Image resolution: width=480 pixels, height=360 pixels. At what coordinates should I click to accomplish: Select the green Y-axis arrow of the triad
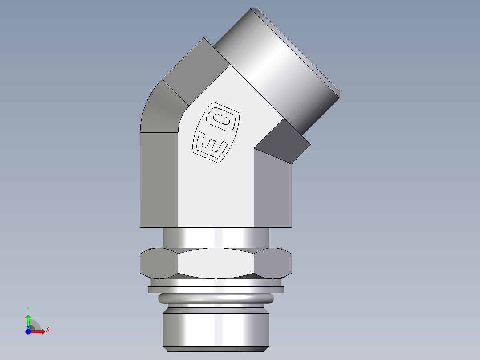tap(28, 320)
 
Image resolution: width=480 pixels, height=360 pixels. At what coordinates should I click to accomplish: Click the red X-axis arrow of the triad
tap(39, 331)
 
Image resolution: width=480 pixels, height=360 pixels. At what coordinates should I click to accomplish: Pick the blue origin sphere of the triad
tap(28, 332)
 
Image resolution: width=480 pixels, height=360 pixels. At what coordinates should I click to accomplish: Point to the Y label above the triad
tap(28, 309)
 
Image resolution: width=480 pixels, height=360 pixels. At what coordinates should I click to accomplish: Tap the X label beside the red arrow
tap(47, 330)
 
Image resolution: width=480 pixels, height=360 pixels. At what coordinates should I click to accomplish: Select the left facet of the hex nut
tap(159, 263)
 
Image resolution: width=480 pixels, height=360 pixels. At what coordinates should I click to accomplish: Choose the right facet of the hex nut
tap(274, 263)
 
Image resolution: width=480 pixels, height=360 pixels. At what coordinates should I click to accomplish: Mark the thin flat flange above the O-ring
tap(216, 290)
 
